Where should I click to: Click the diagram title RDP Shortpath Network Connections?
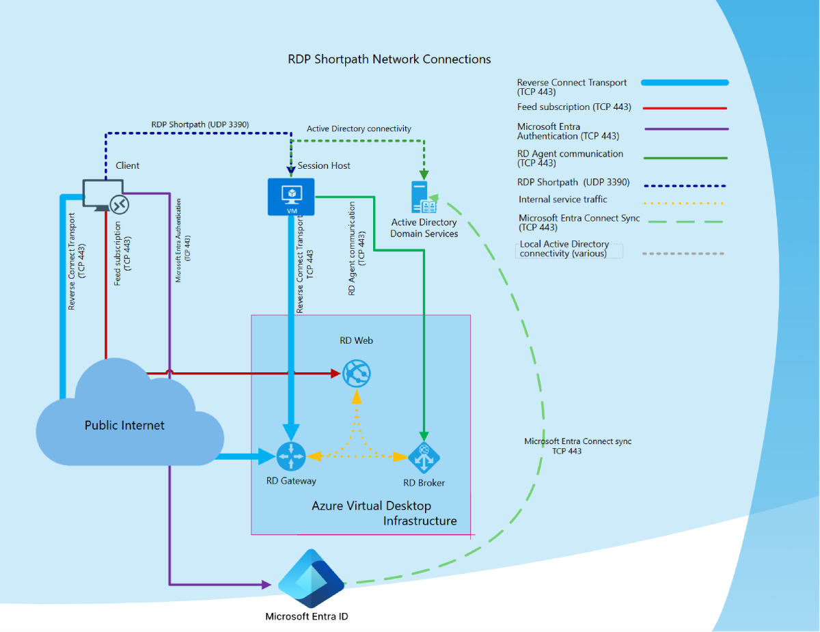tap(389, 59)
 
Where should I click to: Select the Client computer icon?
tap(104, 195)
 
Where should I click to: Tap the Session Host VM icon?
tap(291, 197)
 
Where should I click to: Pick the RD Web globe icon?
tap(356, 373)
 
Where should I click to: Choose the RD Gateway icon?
tap(291, 456)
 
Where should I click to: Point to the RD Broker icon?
tap(424, 457)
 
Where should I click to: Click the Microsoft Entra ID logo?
tap(310, 579)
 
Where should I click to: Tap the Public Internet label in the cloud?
tap(124, 425)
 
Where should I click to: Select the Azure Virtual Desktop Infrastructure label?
tap(383, 513)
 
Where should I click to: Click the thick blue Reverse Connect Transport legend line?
tap(685, 83)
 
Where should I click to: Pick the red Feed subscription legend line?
tap(685, 108)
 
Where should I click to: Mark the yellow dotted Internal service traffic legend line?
tap(683, 203)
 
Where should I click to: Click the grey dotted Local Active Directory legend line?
tap(683, 253)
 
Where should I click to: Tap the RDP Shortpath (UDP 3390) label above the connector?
tap(200, 124)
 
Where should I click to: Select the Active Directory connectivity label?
tap(359, 128)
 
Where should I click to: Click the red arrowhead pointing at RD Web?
tap(336, 373)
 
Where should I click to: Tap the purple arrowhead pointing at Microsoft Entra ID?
tap(266, 585)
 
